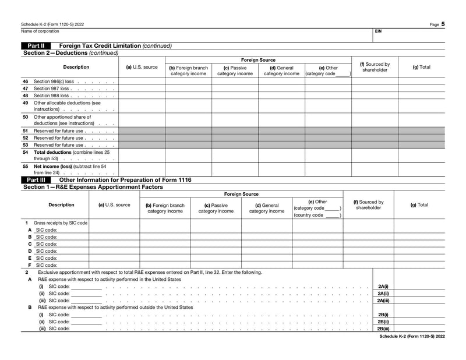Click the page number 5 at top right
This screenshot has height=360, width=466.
[443, 24]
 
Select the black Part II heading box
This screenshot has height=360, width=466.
[36, 45]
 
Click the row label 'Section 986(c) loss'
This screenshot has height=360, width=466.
[54, 81]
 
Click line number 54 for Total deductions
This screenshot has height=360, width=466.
[25, 152]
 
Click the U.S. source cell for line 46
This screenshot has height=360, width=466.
[142, 81]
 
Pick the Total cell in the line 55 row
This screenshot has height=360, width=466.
[421, 169]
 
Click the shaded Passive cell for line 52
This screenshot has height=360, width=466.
[235, 138]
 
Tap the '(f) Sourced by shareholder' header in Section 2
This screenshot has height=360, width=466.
[375, 67]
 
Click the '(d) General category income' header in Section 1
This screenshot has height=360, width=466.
[267, 208]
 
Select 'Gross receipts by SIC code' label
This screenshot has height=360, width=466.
[60, 223]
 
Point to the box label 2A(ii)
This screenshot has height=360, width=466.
[383, 294]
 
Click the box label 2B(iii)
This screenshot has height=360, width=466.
[383, 329]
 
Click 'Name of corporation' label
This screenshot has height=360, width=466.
[40, 31]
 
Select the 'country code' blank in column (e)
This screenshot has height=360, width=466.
[331, 215]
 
